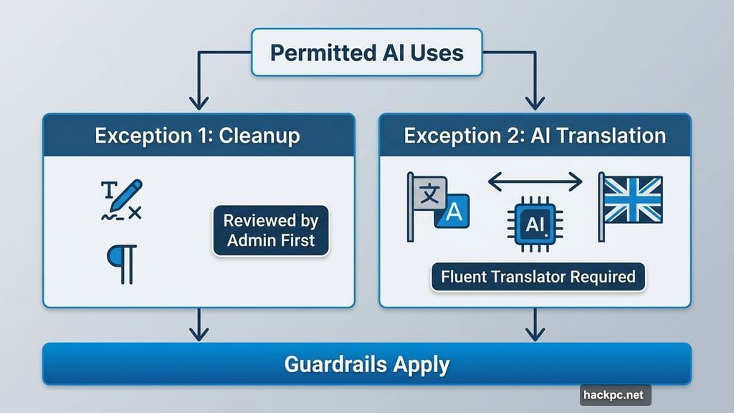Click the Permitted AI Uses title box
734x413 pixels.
(x=366, y=53)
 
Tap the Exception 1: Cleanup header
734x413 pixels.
(x=199, y=135)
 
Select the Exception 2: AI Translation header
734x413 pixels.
(x=535, y=135)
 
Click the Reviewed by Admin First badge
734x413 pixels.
(x=271, y=230)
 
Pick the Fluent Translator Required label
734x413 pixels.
(x=538, y=276)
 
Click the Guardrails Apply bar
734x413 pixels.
(x=366, y=364)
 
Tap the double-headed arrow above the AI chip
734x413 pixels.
(x=535, y=182)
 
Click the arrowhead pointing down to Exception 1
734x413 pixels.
(x=199, y=103)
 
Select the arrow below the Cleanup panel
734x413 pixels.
(x=199, y=328)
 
